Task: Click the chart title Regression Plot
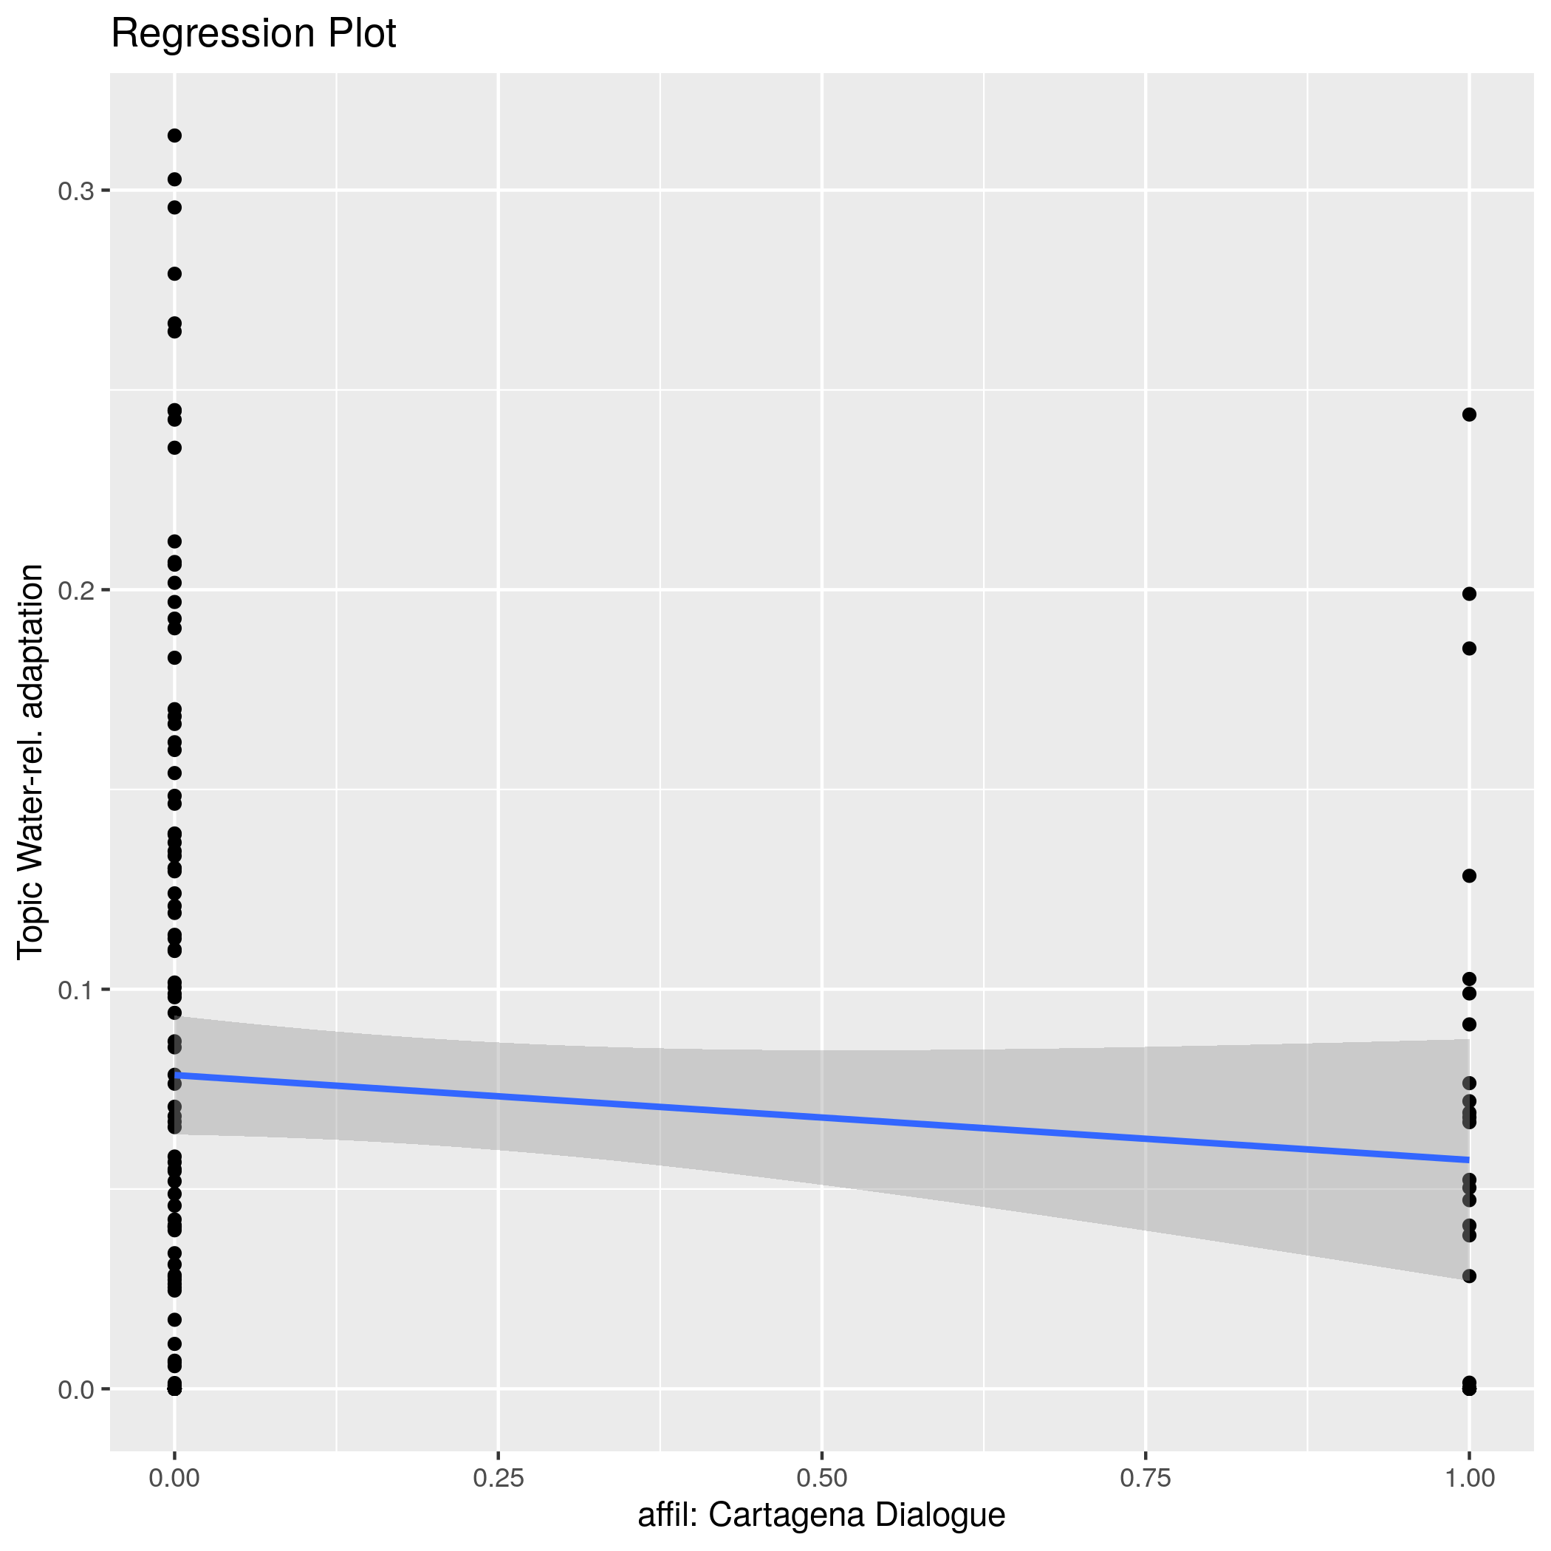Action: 253,35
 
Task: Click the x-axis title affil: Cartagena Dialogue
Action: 821,1516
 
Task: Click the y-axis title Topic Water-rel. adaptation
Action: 30,761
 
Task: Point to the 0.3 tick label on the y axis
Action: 75,191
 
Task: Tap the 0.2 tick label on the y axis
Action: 75,591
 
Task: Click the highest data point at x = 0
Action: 174,136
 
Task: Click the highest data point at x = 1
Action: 1469,415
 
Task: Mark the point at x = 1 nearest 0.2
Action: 1469,594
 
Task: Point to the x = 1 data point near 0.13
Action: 1469,876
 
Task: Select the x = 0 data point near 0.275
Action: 174,274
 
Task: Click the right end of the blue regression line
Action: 1468,1160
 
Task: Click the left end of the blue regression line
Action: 175,1075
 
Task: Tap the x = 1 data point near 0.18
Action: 1469,648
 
